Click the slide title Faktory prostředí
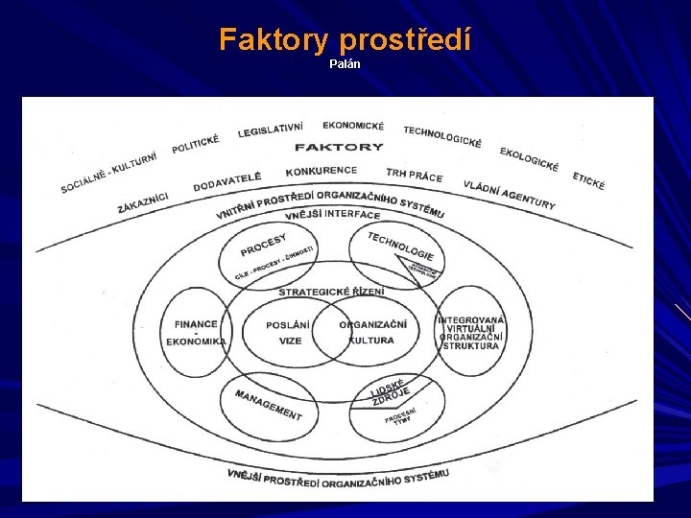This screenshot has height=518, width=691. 345,39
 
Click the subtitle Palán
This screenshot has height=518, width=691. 345,64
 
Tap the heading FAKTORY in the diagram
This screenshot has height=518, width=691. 339,147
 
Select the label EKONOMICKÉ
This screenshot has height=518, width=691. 353,126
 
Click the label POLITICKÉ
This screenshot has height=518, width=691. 196,145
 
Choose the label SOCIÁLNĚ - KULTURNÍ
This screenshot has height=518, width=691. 108,173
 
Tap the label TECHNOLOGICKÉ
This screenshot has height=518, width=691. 442,136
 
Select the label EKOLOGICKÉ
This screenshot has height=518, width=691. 529,159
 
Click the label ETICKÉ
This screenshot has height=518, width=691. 588,180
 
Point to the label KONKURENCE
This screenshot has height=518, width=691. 321,171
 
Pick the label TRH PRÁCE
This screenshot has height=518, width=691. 415,176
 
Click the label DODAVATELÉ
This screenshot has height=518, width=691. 226,180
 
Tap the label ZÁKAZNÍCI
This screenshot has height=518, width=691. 143,203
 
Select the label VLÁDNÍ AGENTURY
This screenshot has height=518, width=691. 509,195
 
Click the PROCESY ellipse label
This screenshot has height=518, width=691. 263,245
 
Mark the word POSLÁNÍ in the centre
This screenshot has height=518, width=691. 288,324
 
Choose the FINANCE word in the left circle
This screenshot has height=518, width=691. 196,324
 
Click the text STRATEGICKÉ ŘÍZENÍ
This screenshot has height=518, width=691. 331,292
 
